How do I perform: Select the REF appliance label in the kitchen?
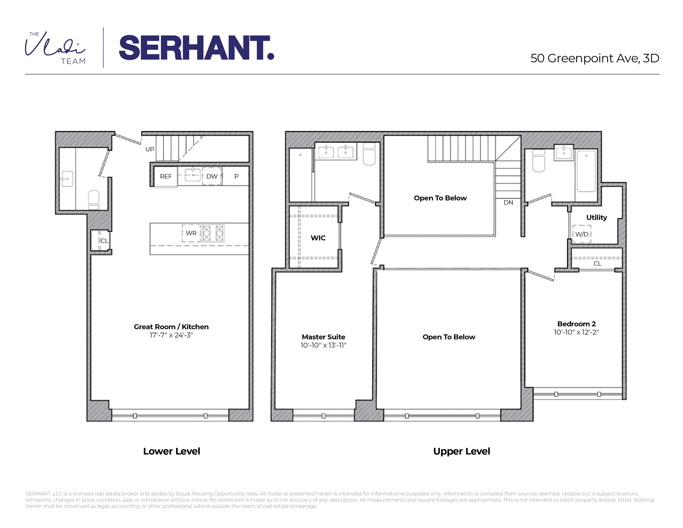tap(166, 176)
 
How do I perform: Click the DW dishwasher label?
tap(212, 176)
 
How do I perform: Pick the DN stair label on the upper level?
tap(508, 202)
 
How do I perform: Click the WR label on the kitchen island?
tap(191, 233)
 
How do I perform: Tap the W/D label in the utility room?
tap(582, 234)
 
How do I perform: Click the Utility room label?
tap(596, 217)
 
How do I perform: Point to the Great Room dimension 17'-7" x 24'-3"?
tap(171, 335)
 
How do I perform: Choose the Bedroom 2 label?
tap(576, 324)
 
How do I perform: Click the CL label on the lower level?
tap(104, 241)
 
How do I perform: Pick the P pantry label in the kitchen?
tap(236, 176)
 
